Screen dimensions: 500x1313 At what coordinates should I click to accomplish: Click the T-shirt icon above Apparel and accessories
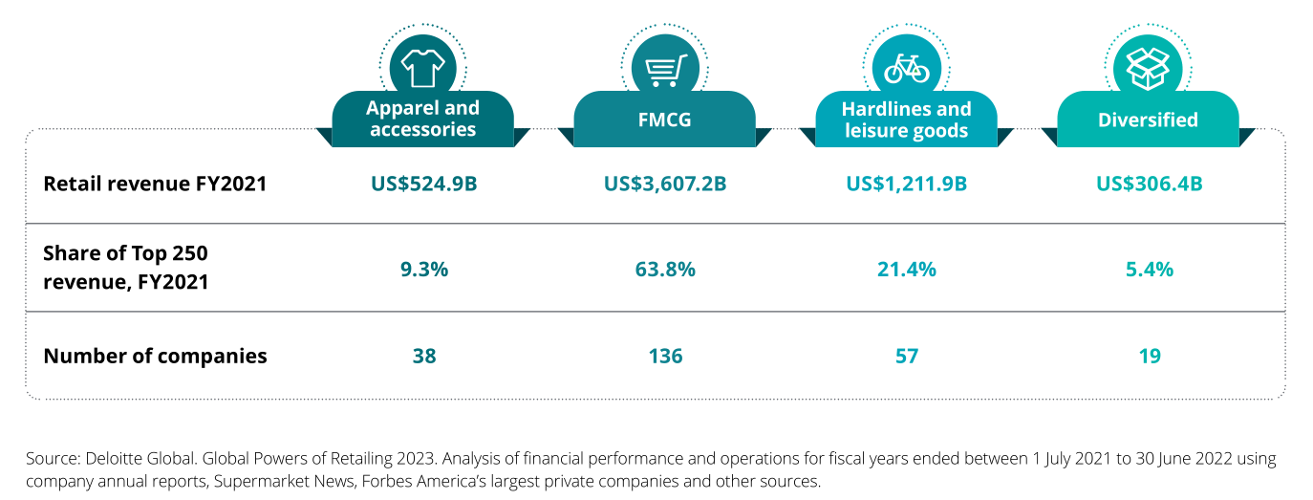click(422, 68)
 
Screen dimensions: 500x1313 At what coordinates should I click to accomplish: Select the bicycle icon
click(906, 68)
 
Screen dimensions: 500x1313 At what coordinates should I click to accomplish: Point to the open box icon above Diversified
click(1148, 68)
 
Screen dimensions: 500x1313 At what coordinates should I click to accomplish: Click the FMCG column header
click(665, 120)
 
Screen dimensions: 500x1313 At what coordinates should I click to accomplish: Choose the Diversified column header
click(1148, 120)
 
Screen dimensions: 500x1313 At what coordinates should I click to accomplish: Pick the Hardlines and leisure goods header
click(906, 120)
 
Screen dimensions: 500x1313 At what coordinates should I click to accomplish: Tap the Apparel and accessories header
click(422, 120)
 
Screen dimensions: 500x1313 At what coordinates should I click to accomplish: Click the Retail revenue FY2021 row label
click(155, 184)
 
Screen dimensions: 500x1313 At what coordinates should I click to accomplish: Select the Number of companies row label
click(155, 357)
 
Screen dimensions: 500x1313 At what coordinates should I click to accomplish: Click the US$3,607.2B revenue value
click(665, 184)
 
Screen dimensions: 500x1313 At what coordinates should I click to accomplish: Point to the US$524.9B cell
click(423, 184)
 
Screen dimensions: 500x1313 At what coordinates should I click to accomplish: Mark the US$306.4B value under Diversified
click(1149, 184)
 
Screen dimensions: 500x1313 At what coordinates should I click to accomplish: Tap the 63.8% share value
click(665, 270)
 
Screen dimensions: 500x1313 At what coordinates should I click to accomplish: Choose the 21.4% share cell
click(906, 270)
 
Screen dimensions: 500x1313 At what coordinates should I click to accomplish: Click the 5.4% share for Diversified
click(1149, 270)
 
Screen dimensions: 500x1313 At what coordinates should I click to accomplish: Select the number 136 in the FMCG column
click(665, 357)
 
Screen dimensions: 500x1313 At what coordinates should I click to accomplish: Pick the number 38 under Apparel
click(423, 357)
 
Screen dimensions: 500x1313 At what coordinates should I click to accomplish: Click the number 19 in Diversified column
click(1149, 357)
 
